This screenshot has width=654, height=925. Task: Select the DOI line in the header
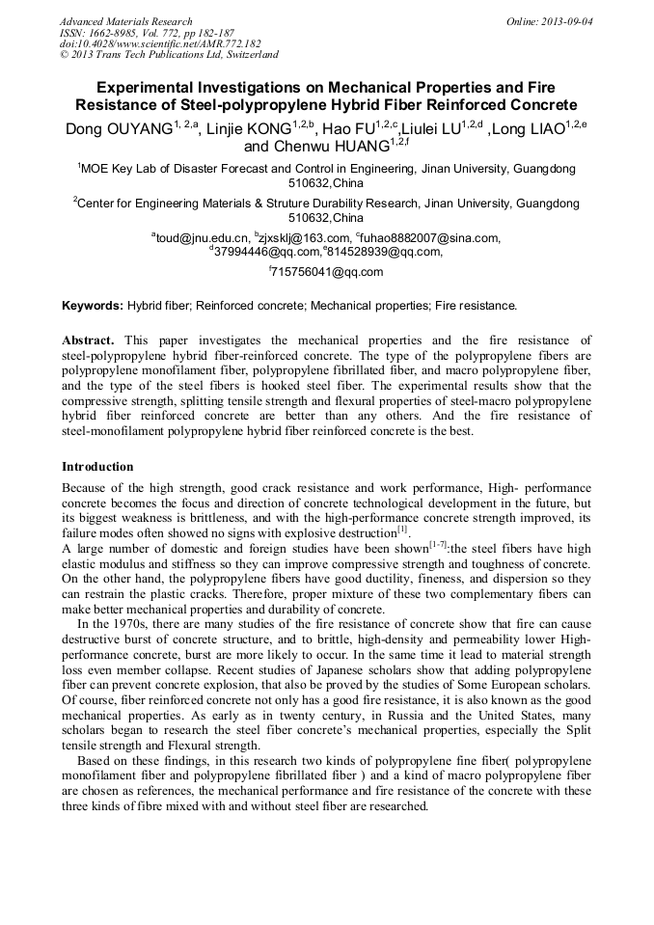coord(160,44)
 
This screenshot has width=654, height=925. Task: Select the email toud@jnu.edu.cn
coord(202,237)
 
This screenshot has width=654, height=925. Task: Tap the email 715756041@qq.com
coord(329,272)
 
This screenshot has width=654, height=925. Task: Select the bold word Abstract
coord(88,340)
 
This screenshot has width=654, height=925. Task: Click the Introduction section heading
coord(97,467)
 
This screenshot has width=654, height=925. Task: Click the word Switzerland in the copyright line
coord(247,56)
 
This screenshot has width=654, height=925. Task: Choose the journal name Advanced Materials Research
coord(125,21)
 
